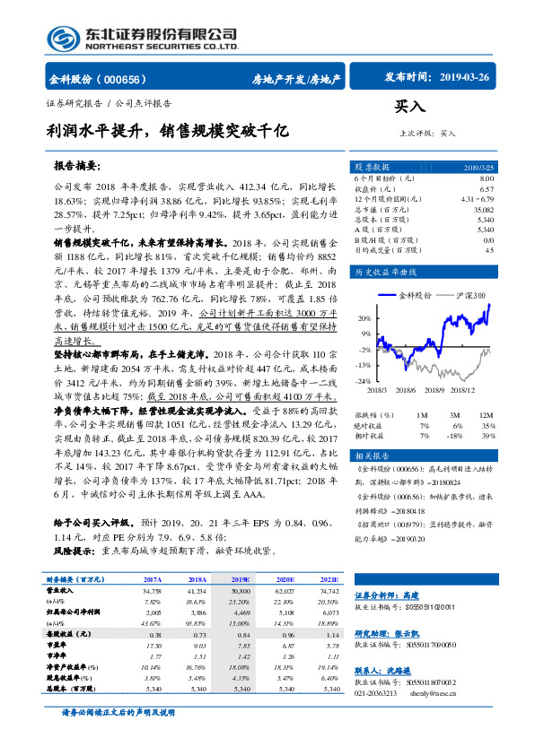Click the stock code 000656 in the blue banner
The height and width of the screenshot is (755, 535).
124,79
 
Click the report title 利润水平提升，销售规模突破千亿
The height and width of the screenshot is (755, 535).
168,130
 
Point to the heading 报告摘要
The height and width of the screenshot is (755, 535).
101,166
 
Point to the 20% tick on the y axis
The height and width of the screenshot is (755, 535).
364,319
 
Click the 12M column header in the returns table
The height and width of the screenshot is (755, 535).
487,414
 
